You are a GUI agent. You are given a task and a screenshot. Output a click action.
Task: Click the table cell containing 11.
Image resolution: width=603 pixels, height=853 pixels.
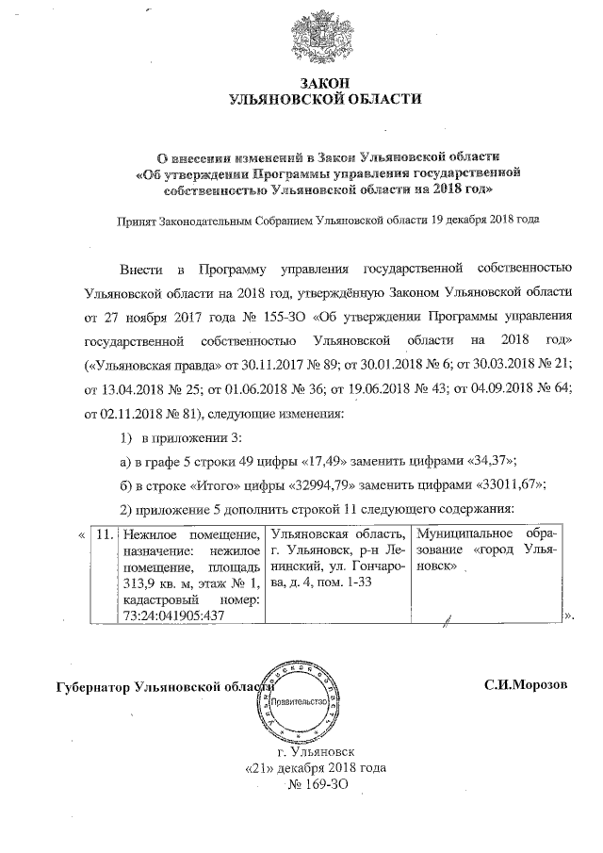tap(106, 534)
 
